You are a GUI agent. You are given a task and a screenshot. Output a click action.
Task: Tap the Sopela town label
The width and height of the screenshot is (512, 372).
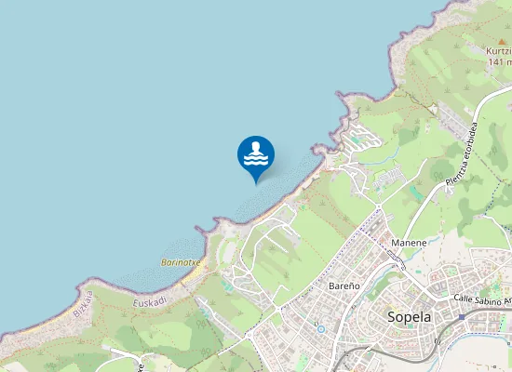click(x=408, y=316)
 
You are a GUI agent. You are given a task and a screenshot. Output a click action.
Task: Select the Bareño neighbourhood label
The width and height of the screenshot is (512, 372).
click(x=344, y=286)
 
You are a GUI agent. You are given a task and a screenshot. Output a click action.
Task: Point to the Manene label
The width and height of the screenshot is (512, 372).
click(x=409, y=243)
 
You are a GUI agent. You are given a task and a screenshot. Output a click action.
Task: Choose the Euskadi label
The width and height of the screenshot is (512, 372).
click(x=149, y=302)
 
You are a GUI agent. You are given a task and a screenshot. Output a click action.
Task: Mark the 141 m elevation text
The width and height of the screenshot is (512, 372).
click(x=500, y=62)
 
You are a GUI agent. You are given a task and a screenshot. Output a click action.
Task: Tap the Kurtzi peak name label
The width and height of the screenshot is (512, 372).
click(x=498, y=50)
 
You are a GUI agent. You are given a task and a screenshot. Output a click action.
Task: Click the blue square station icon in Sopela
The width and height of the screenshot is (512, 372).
click(x=461, y=317)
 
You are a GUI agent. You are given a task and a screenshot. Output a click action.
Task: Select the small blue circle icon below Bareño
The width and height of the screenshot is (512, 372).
click(x=320, y=327)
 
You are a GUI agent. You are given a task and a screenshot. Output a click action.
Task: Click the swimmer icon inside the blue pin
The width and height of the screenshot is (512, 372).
click(x=256, y=153)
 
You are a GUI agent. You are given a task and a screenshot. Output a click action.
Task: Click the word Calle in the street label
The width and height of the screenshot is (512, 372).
click(x=464, y=299)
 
